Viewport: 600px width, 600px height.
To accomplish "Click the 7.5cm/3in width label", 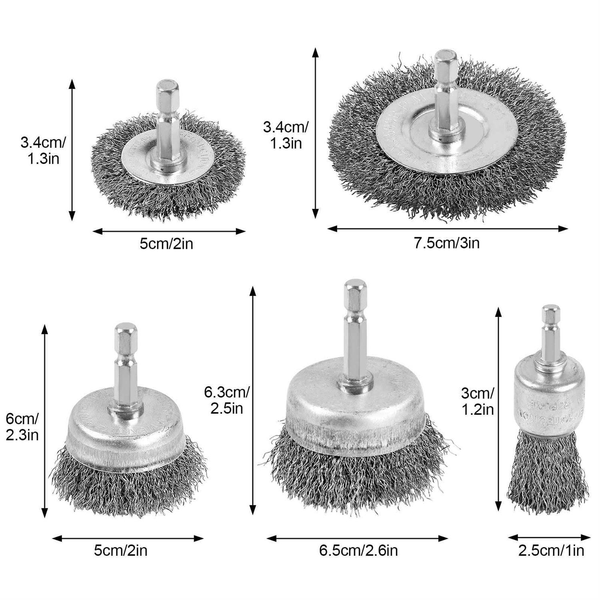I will click(446, 243).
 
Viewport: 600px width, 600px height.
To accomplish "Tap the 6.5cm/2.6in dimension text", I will click(358, 550).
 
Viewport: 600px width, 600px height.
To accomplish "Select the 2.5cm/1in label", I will click(551, 550).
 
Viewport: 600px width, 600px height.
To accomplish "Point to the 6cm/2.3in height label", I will click(22, 427).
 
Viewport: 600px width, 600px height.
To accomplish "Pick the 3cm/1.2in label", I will click(477, 401).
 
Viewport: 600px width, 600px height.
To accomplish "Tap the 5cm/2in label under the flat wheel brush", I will click(166, 243).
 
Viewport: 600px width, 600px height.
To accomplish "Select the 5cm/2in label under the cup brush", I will click(120, 550).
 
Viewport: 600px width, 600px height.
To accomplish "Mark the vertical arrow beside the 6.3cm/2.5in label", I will click(252, 400).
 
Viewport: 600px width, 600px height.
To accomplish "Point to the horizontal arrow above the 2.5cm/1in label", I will click(549, 538).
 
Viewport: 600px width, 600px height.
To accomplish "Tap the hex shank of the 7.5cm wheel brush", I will click(446, 92).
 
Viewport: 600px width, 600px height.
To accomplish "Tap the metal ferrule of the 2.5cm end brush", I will click(548, 404).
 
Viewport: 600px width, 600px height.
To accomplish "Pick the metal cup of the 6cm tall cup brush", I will click(126, 436).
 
